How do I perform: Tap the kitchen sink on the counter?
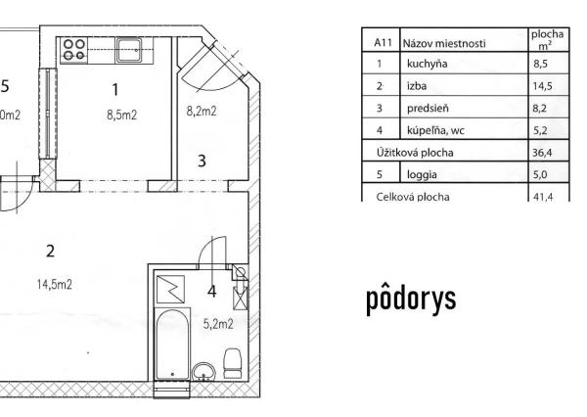[127, 48]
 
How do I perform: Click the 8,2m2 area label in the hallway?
[201, 112]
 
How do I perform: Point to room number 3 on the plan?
[202, 161]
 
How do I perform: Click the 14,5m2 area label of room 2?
[54, 284]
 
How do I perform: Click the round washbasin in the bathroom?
[203, 372]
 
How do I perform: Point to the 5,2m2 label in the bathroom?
[217, 324]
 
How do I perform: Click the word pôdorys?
[411, 299]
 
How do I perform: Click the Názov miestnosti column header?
[443, 43]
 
